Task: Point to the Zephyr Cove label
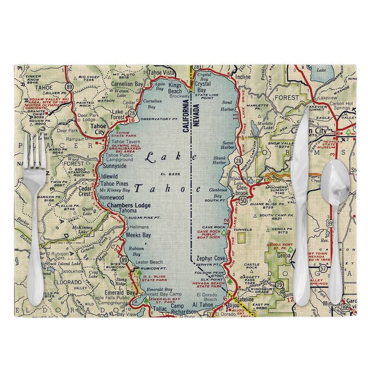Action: pyautogui.click(x=210, y=258)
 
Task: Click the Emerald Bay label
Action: pyautogui.click(x=124, y=292)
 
